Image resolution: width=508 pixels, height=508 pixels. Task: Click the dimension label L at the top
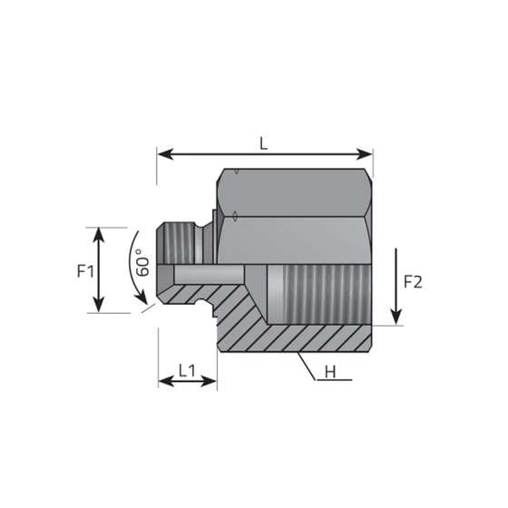pyautogui.click(x=263, y=142)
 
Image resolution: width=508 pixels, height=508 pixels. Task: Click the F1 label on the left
pyautogui.click(x=83, y=270)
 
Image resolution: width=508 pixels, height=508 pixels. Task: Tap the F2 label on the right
pyautogui.click(x=413, y=281)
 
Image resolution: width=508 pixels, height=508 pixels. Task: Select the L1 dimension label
pyautogui.click(x=187, y=369)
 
